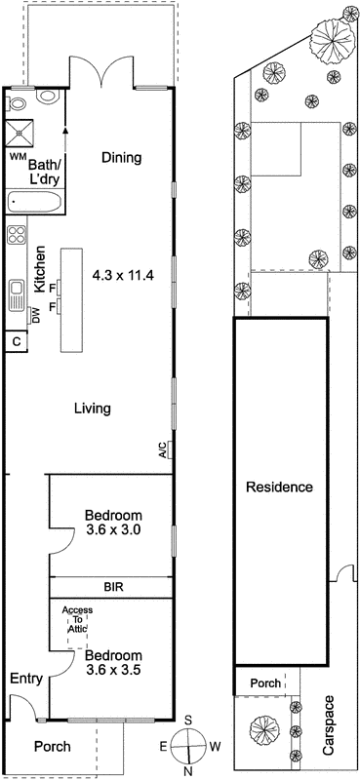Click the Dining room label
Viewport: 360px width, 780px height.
tap(121, 157)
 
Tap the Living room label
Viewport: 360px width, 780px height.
tap(93, 409)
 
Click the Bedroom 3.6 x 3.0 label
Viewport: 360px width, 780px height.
tap(113, 523)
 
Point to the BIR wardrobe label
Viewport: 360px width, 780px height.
tap(113, 587)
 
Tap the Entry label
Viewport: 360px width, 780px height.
tap(25, 679)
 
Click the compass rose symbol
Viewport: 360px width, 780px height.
tap(187, 749)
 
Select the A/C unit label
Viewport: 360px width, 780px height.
tap(162, 449)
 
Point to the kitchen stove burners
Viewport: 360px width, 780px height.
tap(17, 235)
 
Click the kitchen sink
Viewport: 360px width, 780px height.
tap(17, 293)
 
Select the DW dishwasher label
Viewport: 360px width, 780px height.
tap(35, 315)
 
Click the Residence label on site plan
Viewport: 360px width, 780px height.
tap(279, 487)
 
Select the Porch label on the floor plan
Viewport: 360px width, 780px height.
tap(52, 746)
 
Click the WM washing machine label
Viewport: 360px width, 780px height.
tap(18, 156)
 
